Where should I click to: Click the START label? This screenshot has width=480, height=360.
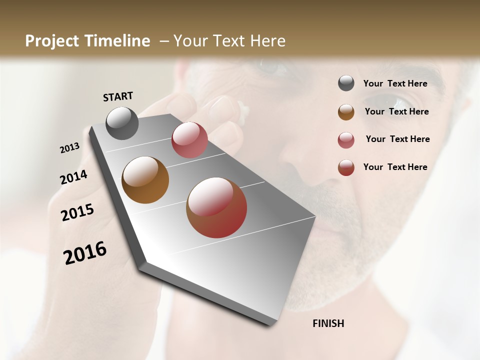(x=118, y=96)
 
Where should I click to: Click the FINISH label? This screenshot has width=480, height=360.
(x=328, y=323)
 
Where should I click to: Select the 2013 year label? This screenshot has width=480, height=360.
(x=70, y=147)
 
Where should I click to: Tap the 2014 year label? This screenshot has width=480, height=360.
(x=73, y=177)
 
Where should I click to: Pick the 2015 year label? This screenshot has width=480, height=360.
(x=77, y=213)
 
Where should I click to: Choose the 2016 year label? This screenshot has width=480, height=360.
(x=85, y=252)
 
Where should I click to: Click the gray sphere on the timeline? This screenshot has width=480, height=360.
(x=122, y=123)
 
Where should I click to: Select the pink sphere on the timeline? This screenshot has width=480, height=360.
(x=189, y=140)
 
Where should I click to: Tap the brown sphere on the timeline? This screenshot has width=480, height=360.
(x=145, y=180)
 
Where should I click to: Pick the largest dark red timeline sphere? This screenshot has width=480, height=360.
(x=216, y=207)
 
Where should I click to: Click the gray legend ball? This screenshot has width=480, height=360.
(x=346, y=83)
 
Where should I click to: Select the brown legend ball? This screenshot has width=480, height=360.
(x=346, y=112)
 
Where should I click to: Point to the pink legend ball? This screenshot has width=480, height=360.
(x=346, y=140)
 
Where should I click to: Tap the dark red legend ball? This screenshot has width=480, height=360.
(x=346, y=167)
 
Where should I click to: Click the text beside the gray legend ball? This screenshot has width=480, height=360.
(x=395, y=83)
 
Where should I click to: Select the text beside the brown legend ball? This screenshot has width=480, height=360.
(x=396, y=111)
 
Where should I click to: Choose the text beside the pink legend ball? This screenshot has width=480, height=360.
(x=397, y=139)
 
